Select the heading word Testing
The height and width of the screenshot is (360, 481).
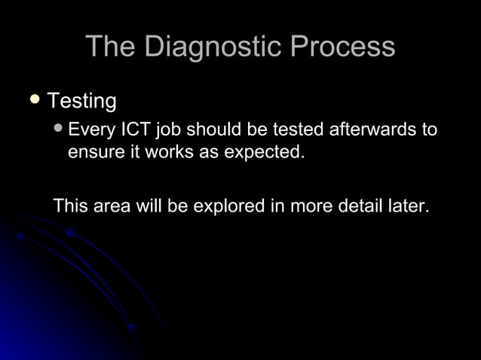(82, 100)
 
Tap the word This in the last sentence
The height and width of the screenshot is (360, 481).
(70, 205)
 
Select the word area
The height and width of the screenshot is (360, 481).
(112, 205)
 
